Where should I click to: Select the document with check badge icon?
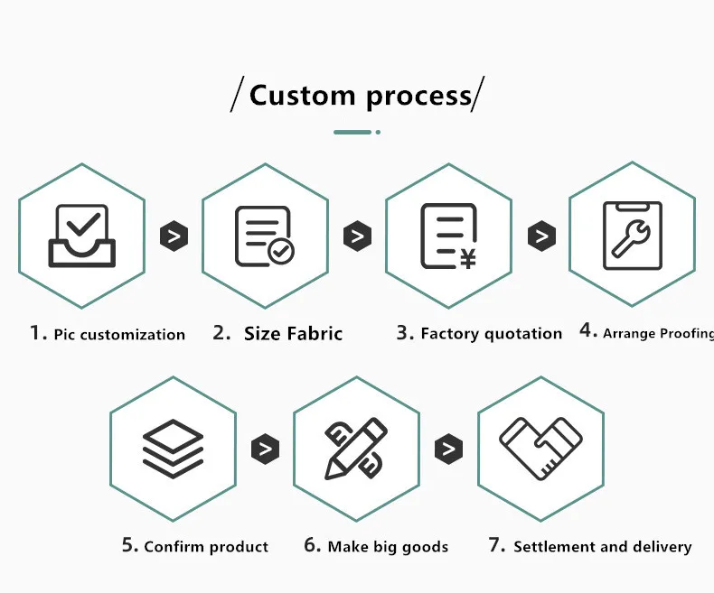click(x=264, y=236)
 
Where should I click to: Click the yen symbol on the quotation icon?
click(x=467, y=260)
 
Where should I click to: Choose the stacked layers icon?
click(x=173, y=449)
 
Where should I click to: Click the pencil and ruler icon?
click(x=356, y=449)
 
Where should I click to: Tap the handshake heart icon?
click(x=540, y=449)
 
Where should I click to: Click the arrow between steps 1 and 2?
click(x=174, y=237)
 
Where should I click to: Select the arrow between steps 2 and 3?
click(x=358, y=237)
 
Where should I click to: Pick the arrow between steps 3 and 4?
click(x=541, y=237)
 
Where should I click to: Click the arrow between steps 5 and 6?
click(x=265, y=449)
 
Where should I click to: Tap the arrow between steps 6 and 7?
click(x=448, y=449)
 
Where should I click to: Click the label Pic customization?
click(x=119, y=335)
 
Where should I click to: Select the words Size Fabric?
click(x=293, y=334)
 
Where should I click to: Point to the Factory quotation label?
click(x=491, y=334)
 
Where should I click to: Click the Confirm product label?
click(x=206, y=547)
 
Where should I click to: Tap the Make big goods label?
click(x=388, y=547)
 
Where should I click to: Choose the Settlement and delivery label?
click(x=602, y=547)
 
